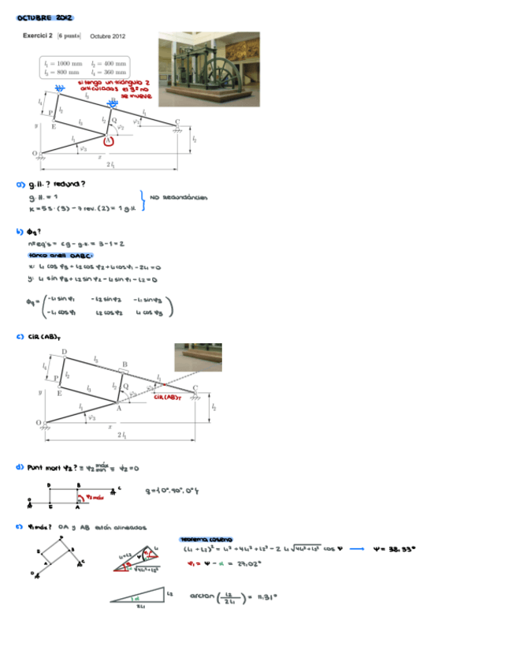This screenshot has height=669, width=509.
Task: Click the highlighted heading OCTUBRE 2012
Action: click(x=45, y=17)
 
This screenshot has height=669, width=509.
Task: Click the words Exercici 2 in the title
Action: click(x=38, y=36)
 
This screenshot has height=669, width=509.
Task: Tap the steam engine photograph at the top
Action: click(x=209, y=69)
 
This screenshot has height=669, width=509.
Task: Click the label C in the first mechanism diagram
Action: click(x=177, y=121)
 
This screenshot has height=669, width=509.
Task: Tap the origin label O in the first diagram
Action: click(x=34, y=152)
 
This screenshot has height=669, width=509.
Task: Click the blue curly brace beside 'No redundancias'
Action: click(x=143, y=200)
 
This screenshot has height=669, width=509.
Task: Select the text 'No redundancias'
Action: click(x=179, y=198)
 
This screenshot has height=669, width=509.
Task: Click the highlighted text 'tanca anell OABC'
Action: click(x=61, y=256)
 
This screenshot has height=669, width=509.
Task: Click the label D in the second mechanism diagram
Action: click(x=64, y=351)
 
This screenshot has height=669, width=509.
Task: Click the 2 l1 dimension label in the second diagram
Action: click(x=121, y=435)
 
